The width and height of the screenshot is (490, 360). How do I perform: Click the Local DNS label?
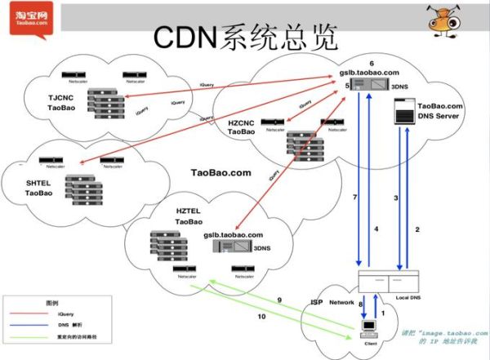coord(408,296)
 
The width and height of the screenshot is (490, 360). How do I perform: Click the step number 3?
coord(396,198)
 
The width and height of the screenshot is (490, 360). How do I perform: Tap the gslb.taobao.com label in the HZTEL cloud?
coord(233,235)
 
